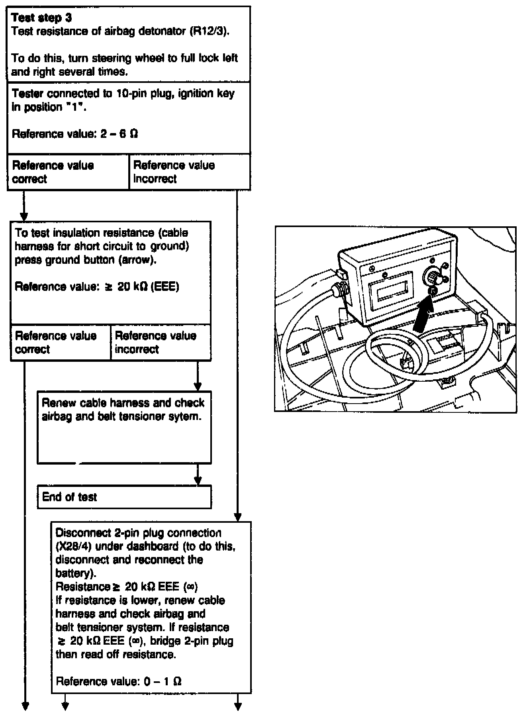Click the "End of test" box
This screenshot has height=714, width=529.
point(124,497)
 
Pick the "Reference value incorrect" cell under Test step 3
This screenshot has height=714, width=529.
point(190,172)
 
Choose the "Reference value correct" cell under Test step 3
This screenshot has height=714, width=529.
point(68,172)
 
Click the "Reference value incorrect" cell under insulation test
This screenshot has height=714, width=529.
point(161,343)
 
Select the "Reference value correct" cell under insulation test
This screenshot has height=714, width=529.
point(60,343)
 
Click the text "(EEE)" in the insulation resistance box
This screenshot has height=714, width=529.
point(165,287)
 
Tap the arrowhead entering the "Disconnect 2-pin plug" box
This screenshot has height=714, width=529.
point(237,518)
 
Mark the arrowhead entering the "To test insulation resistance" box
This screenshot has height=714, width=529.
point(24,217)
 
